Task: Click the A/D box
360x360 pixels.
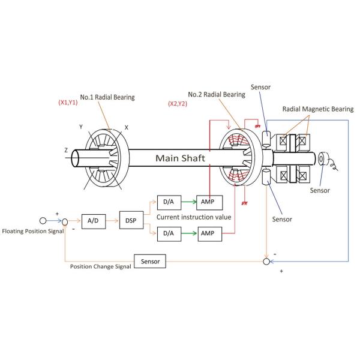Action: coord(94,221)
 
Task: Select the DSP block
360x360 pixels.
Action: coord(131,220)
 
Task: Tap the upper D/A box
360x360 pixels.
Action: coord(169,203)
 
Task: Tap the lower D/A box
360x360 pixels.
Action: coord(169,234)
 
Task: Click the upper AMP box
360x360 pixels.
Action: coord(209,203)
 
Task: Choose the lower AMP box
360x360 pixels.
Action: coord(210,234)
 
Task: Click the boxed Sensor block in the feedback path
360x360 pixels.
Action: coord(150,261)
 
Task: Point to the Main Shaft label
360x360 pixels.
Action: coord(180,158)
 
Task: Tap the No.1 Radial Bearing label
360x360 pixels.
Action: coord(107,97)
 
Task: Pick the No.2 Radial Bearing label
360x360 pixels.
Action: coord(217,94)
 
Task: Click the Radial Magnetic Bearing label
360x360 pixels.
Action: coord(318,109)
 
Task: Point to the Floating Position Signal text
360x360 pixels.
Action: coord(33,231)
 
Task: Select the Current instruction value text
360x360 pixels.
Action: coord(194,217)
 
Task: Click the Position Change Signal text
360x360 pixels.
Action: coord(101,266)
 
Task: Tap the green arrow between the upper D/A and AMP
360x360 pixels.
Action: coord(189,202)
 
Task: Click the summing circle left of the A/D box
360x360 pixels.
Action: coord(65,222)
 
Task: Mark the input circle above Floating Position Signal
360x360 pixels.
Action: coord(43,221)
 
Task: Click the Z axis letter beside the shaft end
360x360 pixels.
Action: coord(66,150)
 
